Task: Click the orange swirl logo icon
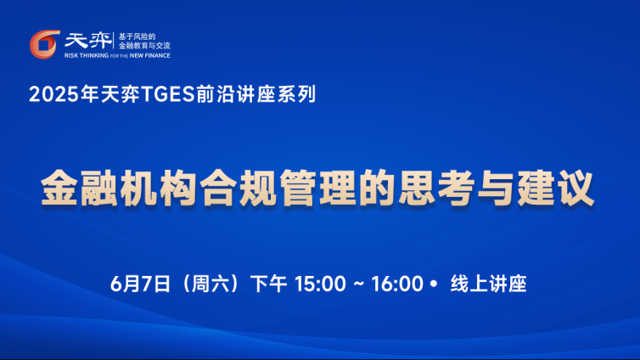pos(44,44)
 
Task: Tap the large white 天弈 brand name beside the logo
pos(87,41)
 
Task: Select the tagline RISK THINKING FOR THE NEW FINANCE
pos(117,55)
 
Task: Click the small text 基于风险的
pos(138,37)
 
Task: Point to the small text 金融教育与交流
pos(144,46)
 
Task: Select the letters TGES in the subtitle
pos(167,95)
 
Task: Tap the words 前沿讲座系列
pos(255,94)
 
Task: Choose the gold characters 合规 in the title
pos(238,188)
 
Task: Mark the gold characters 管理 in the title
pos(317,188)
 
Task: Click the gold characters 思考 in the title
pos(436,188)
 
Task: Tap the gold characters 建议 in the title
pos(556,188)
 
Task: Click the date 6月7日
pos(140,284)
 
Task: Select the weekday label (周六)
pos(211,284)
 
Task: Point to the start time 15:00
pos(320,284)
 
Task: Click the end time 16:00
pos(397,284)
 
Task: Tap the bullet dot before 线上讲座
pos(433,284)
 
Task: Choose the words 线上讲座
pos(489,284)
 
